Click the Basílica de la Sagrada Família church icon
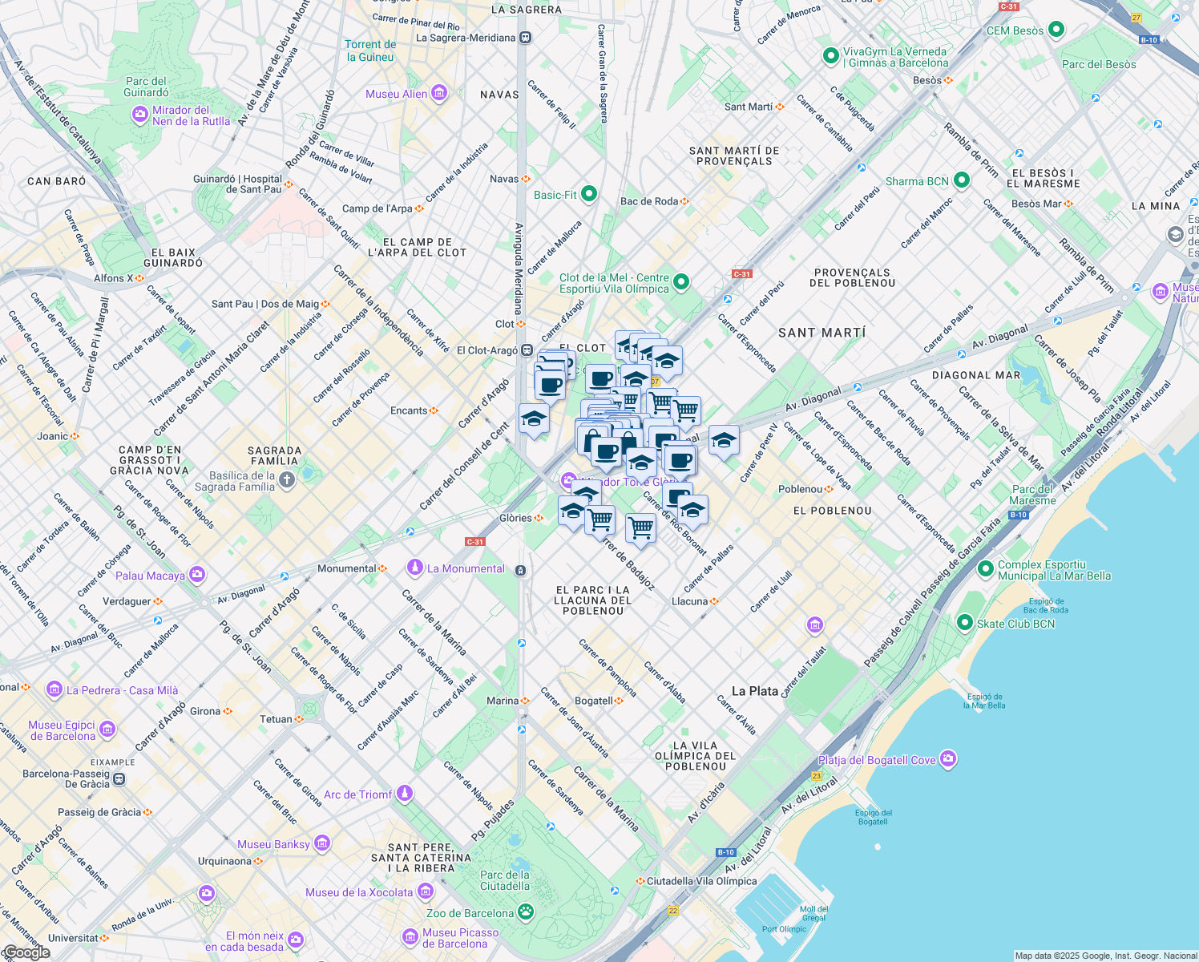[287, 480]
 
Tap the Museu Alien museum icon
[438, 94]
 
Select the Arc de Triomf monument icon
[405, 794]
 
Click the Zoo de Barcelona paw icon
[526, 912]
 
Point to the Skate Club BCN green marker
[965, 623]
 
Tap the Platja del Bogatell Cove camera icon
[948, 759]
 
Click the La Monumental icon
[414, 568]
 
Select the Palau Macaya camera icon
[197, 575]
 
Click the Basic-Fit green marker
[589, 194]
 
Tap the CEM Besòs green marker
[1056, 30]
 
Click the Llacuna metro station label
[690, 601]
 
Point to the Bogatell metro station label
[594, 701]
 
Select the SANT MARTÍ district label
[822, 333]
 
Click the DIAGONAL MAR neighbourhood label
[976, 375]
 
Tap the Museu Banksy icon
[322, 843]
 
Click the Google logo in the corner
[26, 952]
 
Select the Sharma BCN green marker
[962, 181]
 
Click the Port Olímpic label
[784, 929]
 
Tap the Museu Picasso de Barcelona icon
[410, 937]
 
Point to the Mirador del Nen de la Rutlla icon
[140, 115]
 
